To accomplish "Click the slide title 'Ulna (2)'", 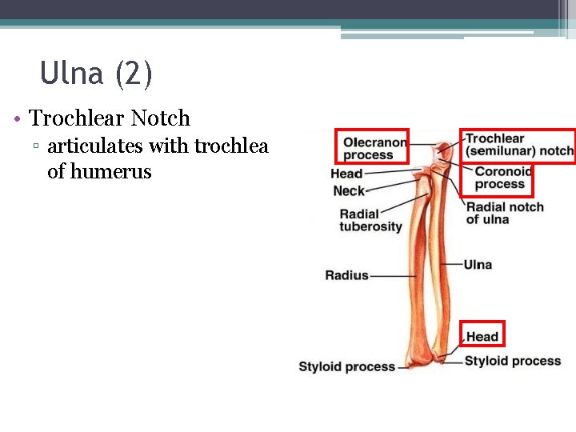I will click(x=96, y=74).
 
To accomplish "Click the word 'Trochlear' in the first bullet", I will click(x=77, y=118).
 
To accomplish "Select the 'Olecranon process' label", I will click(x=374, y=149).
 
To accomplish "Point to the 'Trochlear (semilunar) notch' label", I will click(x=519, y=145).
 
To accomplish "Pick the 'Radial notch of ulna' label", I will click(x=505, y=213).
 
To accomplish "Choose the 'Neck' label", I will click(x=349, y=191).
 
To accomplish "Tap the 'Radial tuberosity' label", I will click(x=370, y=220).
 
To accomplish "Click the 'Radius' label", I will click(x=346, y=275).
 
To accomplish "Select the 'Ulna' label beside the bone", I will click(x=478, y=265).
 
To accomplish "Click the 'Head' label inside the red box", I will click(x=482, y=337).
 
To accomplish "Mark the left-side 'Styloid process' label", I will click(x=346, y=366).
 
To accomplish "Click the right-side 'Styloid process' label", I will click(x=513, y=361).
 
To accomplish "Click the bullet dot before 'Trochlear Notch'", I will click(x=17, y=120).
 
